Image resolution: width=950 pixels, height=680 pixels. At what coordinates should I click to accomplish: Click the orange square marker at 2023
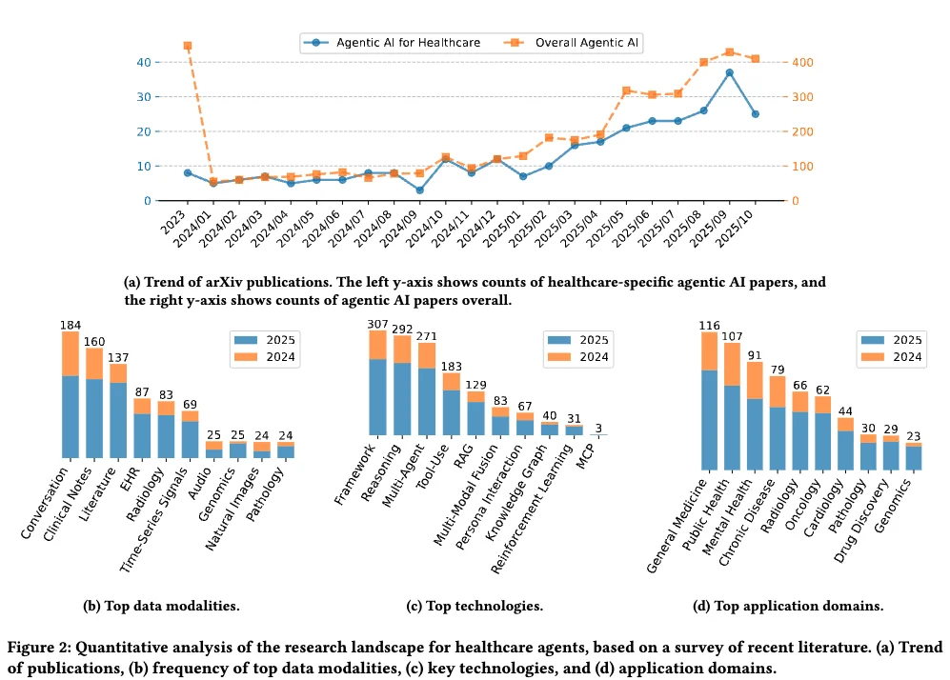tap(188, 46)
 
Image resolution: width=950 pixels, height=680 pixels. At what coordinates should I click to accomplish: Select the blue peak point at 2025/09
tap(729, 72)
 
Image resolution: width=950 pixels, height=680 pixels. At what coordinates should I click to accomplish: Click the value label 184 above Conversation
tap(70, 325)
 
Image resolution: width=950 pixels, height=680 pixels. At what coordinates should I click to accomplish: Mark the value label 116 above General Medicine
tap(709, 326)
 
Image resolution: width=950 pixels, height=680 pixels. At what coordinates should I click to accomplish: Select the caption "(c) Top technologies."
tap(475, 606)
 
